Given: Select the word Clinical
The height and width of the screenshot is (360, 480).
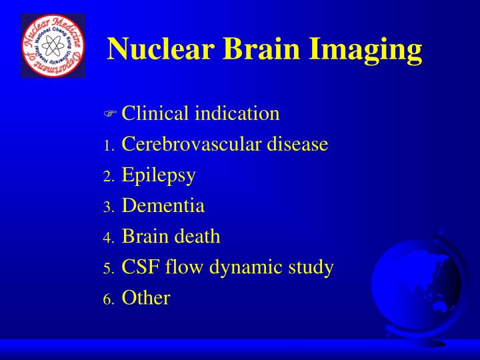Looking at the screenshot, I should [153, 113].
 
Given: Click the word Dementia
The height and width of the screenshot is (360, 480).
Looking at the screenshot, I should [163, 206].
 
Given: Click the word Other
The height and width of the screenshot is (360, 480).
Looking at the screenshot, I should [146, 298].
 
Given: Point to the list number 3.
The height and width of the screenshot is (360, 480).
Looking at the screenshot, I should [109, 207].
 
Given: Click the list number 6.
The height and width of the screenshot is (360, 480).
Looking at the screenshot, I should [109, 299].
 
